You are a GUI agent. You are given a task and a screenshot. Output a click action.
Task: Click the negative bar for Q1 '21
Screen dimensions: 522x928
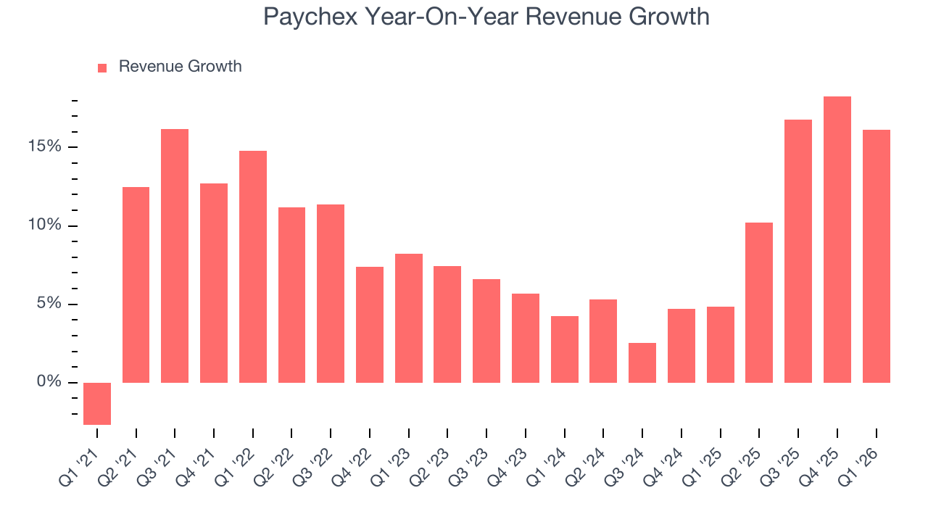point(97,403)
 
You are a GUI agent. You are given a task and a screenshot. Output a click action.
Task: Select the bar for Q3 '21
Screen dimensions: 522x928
point(175,256)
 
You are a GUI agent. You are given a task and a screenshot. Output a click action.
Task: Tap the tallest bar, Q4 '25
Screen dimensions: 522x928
point(837,239)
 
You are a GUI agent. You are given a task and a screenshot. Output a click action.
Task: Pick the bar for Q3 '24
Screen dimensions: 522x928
point(642,362)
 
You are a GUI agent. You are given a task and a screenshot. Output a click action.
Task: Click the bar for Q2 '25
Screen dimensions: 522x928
point(759,302)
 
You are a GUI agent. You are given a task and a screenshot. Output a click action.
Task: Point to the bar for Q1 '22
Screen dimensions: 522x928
point(253,267)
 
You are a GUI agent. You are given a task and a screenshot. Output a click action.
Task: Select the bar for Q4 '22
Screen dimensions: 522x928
point(370,325)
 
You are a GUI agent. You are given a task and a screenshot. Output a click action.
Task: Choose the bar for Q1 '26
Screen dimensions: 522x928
point(877,256)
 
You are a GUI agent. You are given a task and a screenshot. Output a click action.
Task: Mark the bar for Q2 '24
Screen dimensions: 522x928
point(603,341)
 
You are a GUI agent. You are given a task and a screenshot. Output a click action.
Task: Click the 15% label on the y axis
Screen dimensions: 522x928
point(44,147)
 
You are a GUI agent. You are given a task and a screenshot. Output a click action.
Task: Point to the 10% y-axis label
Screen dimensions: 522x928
point(44,225)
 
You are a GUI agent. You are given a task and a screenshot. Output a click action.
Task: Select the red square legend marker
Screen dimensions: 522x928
point(102,67)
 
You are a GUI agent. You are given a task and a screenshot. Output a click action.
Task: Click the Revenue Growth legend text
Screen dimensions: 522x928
point(180,67)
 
